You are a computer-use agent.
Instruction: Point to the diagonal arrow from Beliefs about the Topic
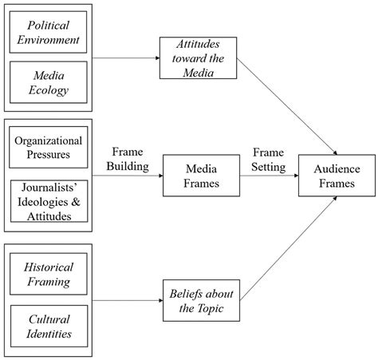pyautogui.click(x=287, y=243)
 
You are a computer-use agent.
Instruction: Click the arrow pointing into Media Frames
pyautogui.click(x=128, y=175)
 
